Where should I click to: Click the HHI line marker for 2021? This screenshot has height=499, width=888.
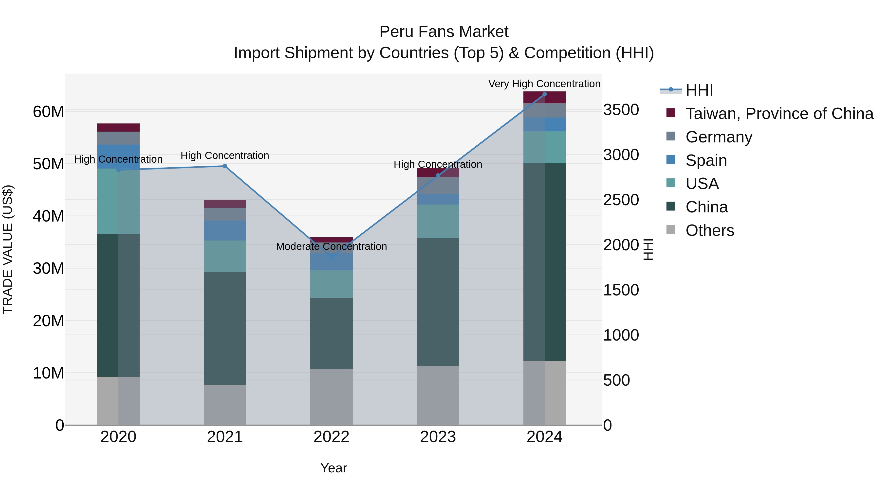coord(225,166)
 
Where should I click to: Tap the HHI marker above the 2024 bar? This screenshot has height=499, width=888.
coord(544,94)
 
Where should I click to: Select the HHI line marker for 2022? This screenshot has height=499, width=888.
coord(331,257)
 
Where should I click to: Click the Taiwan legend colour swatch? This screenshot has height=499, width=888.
coord(671,113)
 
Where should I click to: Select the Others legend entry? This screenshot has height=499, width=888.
coord(709,230)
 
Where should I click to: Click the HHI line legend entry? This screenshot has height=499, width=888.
coord(699,90)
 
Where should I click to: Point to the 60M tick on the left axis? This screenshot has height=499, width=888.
coord(48,112)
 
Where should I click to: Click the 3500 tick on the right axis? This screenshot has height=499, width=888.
coord(621,110)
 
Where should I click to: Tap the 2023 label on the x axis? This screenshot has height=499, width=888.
coord(438,437)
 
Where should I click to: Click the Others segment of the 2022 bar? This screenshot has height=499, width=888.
coord(331,396)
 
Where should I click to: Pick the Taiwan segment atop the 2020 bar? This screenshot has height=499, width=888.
coord(118,127)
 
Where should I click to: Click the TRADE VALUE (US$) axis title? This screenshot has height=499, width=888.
coord(8,249)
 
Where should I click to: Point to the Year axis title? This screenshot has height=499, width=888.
coord(333,468)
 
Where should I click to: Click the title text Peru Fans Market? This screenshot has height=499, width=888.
coord(444,32)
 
